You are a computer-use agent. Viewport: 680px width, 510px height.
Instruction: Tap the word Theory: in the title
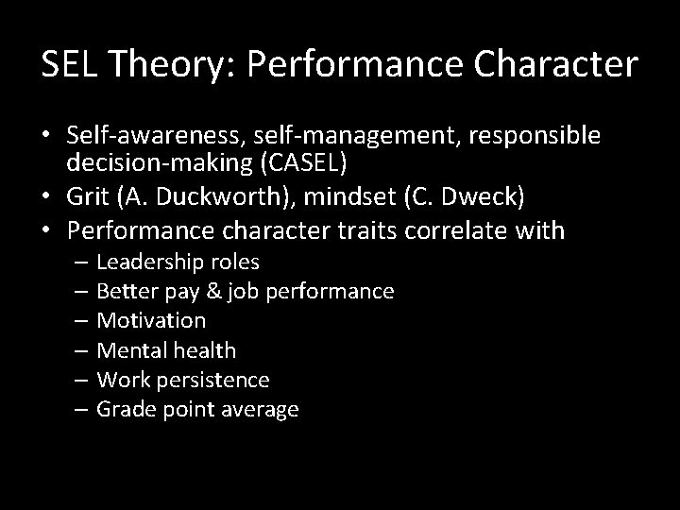click(x=169, y=64)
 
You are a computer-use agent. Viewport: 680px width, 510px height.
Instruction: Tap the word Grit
click(x=87, y=198)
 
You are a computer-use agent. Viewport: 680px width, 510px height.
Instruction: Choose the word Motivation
click(x=151, y=320)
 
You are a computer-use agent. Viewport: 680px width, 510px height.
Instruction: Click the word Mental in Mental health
click(x=131, y=350)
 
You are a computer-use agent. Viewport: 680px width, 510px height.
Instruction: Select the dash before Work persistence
click(x=79, y=380)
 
